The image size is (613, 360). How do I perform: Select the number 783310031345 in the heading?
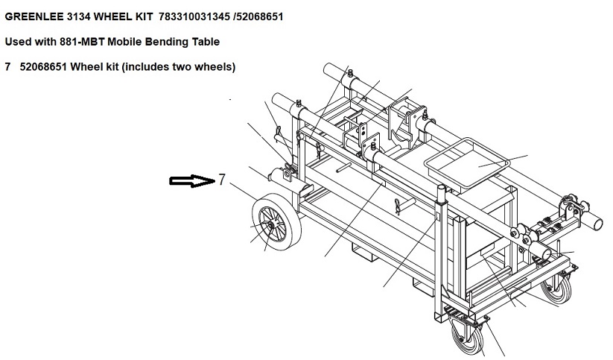click(x=194, y=17)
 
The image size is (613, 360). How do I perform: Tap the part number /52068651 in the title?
click(x=258, y=17)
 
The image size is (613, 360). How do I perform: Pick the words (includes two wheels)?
click(x=179, y=67)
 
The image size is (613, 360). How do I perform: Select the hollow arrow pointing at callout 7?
click(x=192, y=181)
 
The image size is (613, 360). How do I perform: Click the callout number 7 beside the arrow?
click(x=222, y=180)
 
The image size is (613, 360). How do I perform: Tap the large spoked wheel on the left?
click(x=277, y=222)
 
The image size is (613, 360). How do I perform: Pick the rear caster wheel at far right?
click(x=556, y=288)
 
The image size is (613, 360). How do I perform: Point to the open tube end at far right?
click(x=597, y=224)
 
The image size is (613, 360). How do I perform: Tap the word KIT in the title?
click(x=144, y=17)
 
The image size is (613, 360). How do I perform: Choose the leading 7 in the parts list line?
click(x=7, y=67)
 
